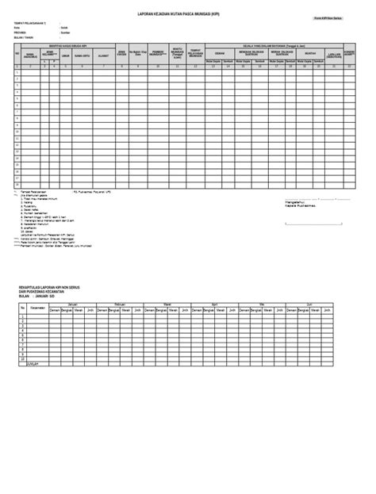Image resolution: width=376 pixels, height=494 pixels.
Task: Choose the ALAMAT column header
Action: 102,56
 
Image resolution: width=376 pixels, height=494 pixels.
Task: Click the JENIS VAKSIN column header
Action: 121,56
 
